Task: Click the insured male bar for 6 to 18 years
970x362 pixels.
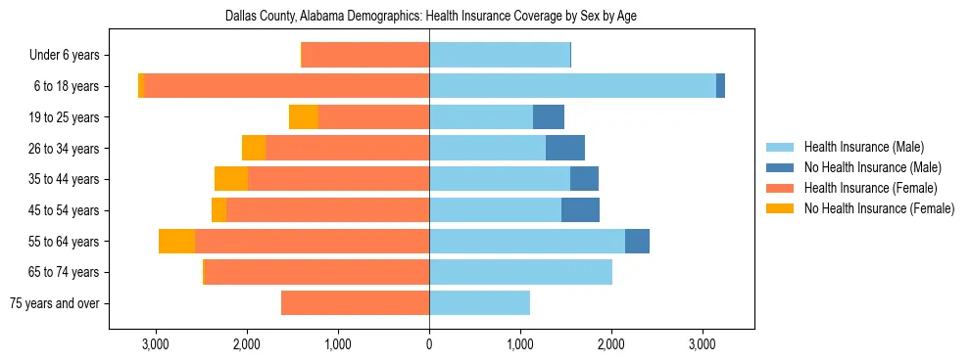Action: (572, 86)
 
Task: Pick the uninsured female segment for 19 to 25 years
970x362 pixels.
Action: (304, 117)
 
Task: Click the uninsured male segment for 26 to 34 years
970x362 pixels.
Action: (565, 148)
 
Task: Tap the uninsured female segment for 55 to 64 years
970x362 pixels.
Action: (176, 241)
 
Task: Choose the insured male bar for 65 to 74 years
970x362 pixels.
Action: (520, 272)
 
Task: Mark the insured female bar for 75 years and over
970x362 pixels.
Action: (355, 303)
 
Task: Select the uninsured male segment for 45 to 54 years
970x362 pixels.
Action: (580, 210)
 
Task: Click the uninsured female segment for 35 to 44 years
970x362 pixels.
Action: (231, 179)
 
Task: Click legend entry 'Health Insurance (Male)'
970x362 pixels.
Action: (863, 147)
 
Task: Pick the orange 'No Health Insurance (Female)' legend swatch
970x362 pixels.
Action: (780, 208)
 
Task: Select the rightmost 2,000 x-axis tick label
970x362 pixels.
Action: (611, 344)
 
